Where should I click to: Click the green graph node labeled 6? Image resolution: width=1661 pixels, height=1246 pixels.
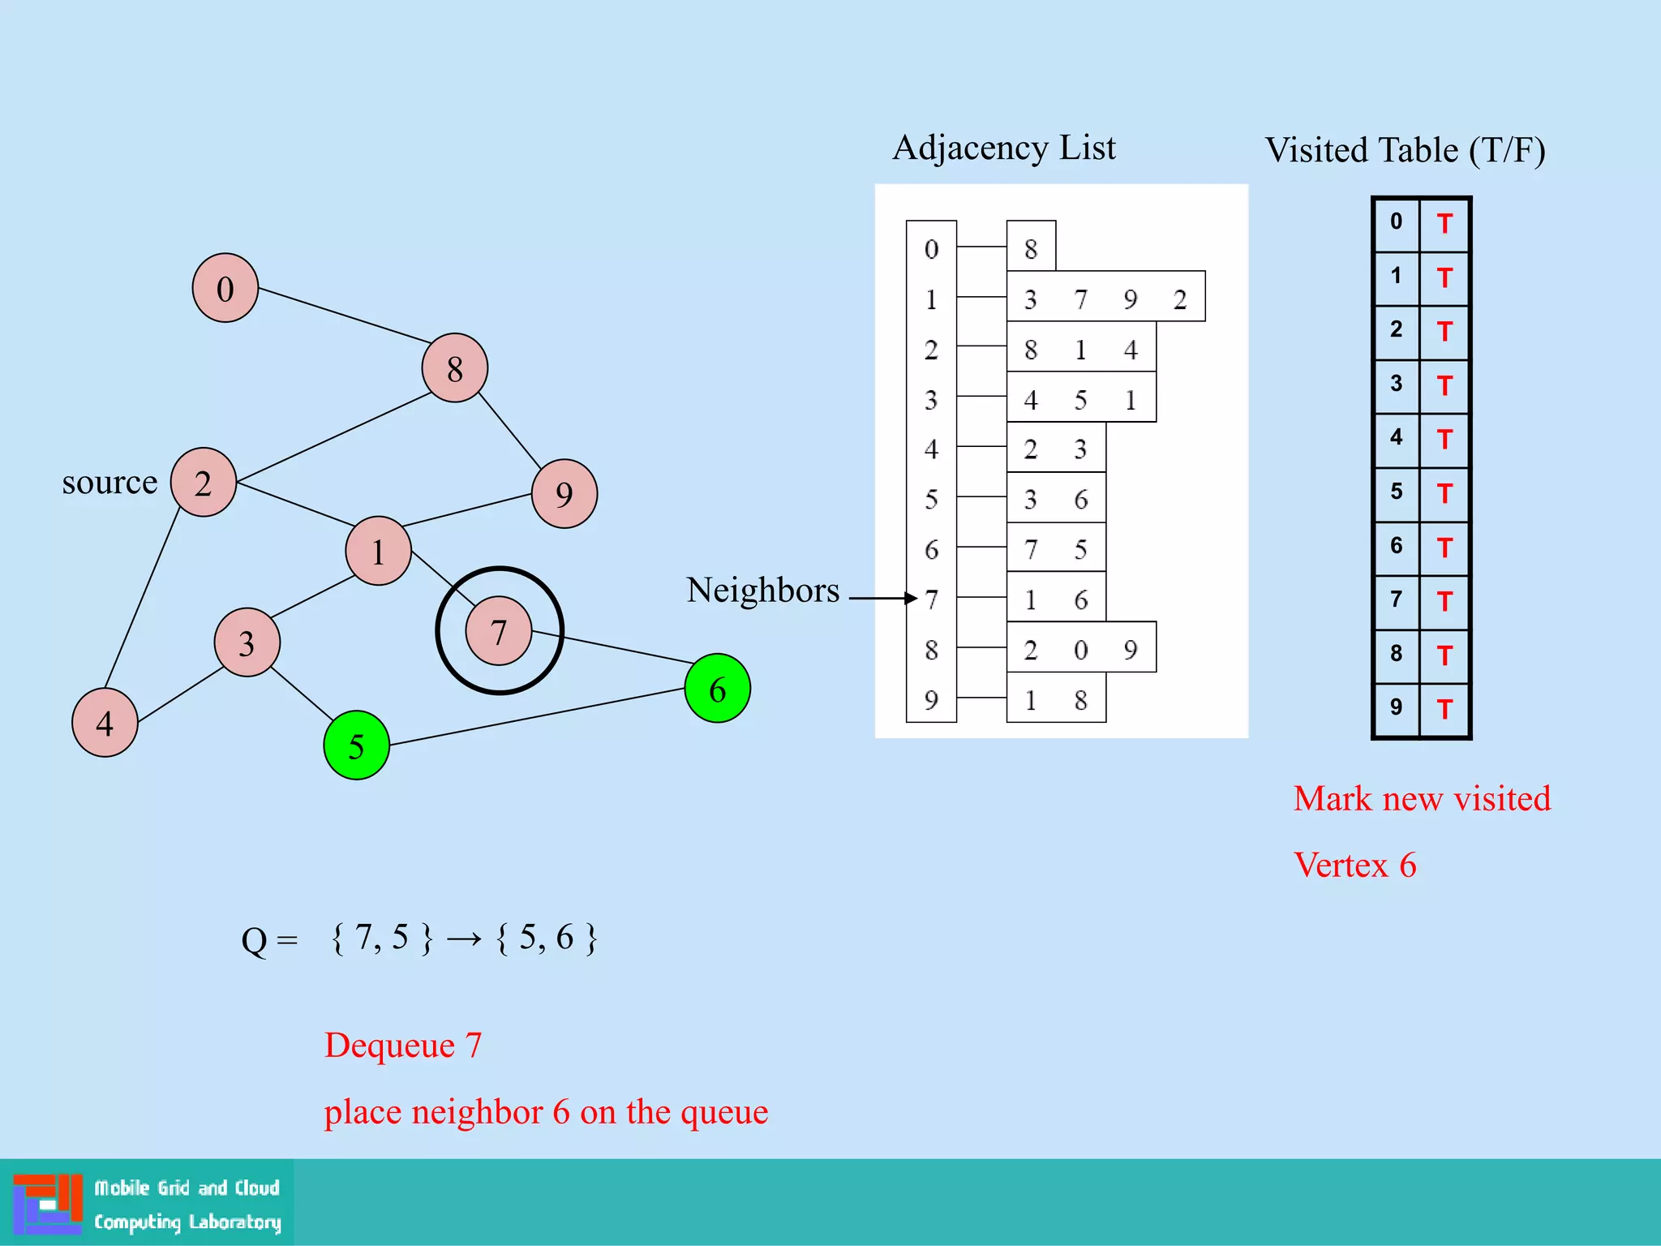coord(717,689)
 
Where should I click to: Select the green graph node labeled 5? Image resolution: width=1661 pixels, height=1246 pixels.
coord(356,745)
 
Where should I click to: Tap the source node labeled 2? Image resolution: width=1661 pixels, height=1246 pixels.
coord(203,483)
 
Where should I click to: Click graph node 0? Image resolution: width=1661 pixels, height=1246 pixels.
coord(225,288)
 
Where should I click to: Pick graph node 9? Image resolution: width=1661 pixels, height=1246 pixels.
coord(564,494)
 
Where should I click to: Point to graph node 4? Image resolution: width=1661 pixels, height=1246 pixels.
coord(105,723)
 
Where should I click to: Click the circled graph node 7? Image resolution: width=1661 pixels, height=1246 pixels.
coord(499,631)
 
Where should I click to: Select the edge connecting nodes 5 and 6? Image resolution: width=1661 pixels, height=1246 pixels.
coord(535,716)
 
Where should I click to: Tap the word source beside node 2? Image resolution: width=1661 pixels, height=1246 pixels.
coord(109,483)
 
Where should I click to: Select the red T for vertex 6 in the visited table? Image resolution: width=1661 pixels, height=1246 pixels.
coord(1444,548)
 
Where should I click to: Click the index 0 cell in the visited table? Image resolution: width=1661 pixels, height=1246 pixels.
coord(1396,221)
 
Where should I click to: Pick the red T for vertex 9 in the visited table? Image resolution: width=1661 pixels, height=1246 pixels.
coord(1444,710)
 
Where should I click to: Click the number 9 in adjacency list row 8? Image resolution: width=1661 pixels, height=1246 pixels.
coord(1131,650)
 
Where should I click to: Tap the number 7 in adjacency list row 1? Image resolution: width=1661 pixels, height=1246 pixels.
coord(1080,300)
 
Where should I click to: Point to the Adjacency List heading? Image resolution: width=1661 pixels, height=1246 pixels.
coord(1004,148)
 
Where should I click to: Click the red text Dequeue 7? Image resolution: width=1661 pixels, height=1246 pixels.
coord(403,1045)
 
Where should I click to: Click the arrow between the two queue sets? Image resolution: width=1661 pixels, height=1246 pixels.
coord(464,939)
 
